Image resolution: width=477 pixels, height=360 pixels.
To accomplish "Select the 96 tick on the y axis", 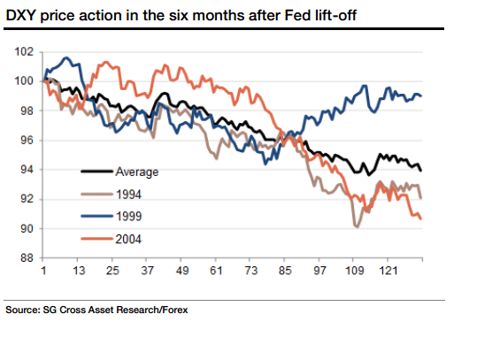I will point(26,141).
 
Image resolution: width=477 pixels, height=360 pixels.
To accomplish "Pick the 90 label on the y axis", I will point(26,229).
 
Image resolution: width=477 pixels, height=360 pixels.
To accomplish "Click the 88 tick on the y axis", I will point(26,258).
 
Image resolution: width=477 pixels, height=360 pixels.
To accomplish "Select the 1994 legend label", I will point(129,194).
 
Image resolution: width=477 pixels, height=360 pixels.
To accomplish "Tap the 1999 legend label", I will point(129,215).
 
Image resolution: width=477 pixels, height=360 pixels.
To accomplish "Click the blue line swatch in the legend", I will point(96,215).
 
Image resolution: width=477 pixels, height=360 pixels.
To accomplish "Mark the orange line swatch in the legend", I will point(96,236).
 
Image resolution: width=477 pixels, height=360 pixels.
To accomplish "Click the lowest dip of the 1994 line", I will point(356,227).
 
